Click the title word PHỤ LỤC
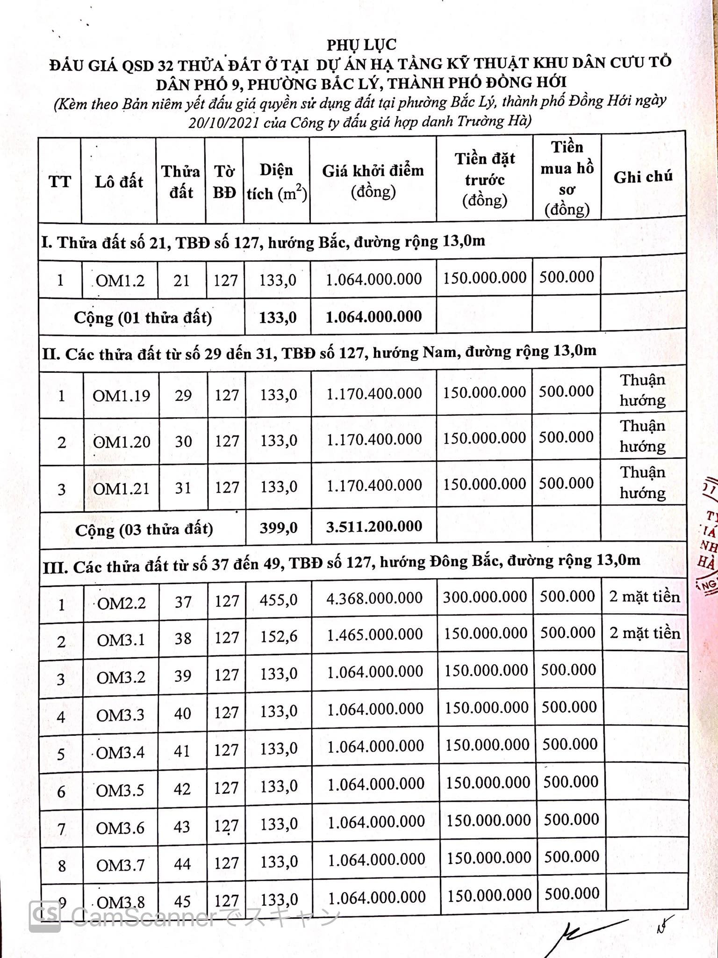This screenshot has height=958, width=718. click(x=361, y=44)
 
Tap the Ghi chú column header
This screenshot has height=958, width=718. click(x=643, y=177)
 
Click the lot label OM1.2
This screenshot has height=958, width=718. click(x=120, y=281)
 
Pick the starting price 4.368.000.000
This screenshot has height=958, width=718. click(x=374, y=598)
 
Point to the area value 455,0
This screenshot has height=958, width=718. click(x=279, y=600)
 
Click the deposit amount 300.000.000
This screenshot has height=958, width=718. click(x=485, y=597)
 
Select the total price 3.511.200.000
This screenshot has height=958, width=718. click(x=374, y=527)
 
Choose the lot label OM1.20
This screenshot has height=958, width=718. click(x=122, y=442)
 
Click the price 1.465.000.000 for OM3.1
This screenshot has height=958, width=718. click(x=375, y=635)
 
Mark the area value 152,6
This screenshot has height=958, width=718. click(x=279, y=637)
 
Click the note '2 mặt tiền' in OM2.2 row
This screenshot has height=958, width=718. click(x=645, y=597)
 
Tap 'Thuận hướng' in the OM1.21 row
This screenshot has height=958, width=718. click(x=643, y=482)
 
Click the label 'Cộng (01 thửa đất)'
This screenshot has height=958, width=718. click(x=143, y=318)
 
